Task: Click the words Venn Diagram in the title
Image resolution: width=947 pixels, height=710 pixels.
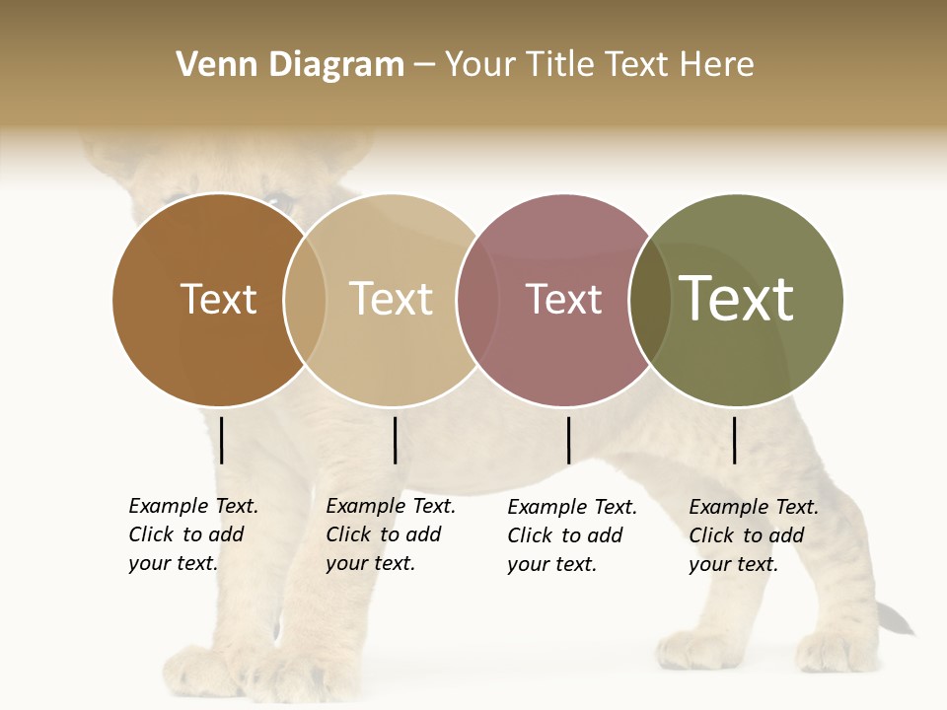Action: click(x=290, y=65)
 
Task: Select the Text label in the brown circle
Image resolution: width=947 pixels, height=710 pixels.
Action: click(x=218, y=299)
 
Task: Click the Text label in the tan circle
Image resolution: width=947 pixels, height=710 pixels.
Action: click(x=392, y=299)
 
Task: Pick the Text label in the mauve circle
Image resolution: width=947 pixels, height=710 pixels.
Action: click(x=564, y=299)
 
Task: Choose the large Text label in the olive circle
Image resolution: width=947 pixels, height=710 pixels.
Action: click(x=737, y=299)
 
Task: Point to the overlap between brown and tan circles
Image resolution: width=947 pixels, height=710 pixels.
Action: click(x=305, y=300)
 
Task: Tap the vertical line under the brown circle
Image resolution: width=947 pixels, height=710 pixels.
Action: click(x=222, y=440)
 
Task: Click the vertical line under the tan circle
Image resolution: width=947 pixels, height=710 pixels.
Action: click(x=395, y=440)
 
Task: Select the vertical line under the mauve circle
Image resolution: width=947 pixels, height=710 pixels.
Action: click(x=568, y=440)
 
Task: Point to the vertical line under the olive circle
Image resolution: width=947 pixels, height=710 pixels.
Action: click(x=735, y=440)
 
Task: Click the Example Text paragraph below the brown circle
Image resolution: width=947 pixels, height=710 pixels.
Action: click(x=193, y=534)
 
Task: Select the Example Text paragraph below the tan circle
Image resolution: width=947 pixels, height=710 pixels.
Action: click(x=391, y=534)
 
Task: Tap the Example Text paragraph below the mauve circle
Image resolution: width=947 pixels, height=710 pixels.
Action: click(x=572, y=535)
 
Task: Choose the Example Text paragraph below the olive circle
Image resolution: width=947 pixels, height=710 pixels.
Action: click(x=754, y=535)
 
